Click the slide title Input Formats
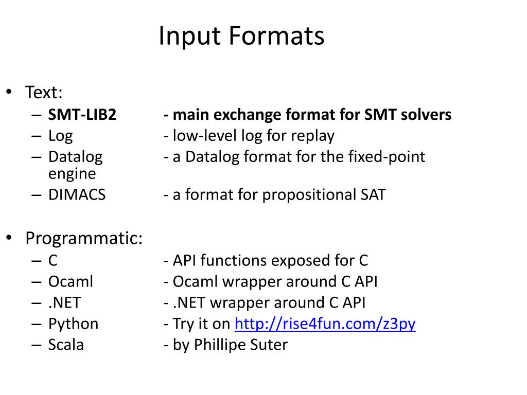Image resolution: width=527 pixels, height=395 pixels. [241, 37]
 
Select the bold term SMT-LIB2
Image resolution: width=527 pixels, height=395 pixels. [82, 115]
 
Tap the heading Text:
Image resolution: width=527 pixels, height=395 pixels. [44, 93]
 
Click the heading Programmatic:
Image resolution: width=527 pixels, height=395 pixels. [84, 239]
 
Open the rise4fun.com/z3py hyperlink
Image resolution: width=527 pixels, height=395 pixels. [325, 324]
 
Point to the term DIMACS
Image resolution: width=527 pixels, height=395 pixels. [77, 195]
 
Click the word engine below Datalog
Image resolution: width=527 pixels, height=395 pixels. [72, 174]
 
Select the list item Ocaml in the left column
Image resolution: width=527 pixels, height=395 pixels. [71, 282]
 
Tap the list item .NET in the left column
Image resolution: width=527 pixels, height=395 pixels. [64, 303]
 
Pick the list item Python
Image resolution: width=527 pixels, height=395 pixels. [73, 324]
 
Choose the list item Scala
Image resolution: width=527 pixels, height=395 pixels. [66, 345]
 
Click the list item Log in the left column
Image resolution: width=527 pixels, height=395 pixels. [60, 136]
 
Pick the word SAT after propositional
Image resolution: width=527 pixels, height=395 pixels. [372, 195]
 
